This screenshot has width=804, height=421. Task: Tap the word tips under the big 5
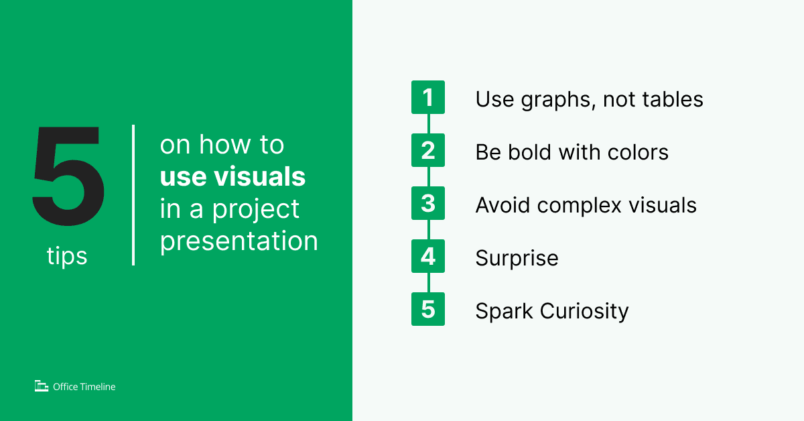67,256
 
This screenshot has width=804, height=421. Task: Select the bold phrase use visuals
232,177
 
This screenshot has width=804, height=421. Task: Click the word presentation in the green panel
239,241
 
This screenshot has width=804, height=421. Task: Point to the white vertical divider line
133,194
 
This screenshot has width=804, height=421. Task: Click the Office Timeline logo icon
42,386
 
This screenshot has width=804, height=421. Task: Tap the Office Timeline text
84,387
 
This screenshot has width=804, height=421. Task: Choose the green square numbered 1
428,99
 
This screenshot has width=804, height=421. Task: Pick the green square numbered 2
428,151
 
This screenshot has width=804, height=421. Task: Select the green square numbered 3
428,204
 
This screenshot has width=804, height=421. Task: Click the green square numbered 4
428,257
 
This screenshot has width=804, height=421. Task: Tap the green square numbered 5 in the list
428,310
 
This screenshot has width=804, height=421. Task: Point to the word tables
671,99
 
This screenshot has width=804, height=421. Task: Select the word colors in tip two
637,152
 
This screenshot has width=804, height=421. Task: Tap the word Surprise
517,258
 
